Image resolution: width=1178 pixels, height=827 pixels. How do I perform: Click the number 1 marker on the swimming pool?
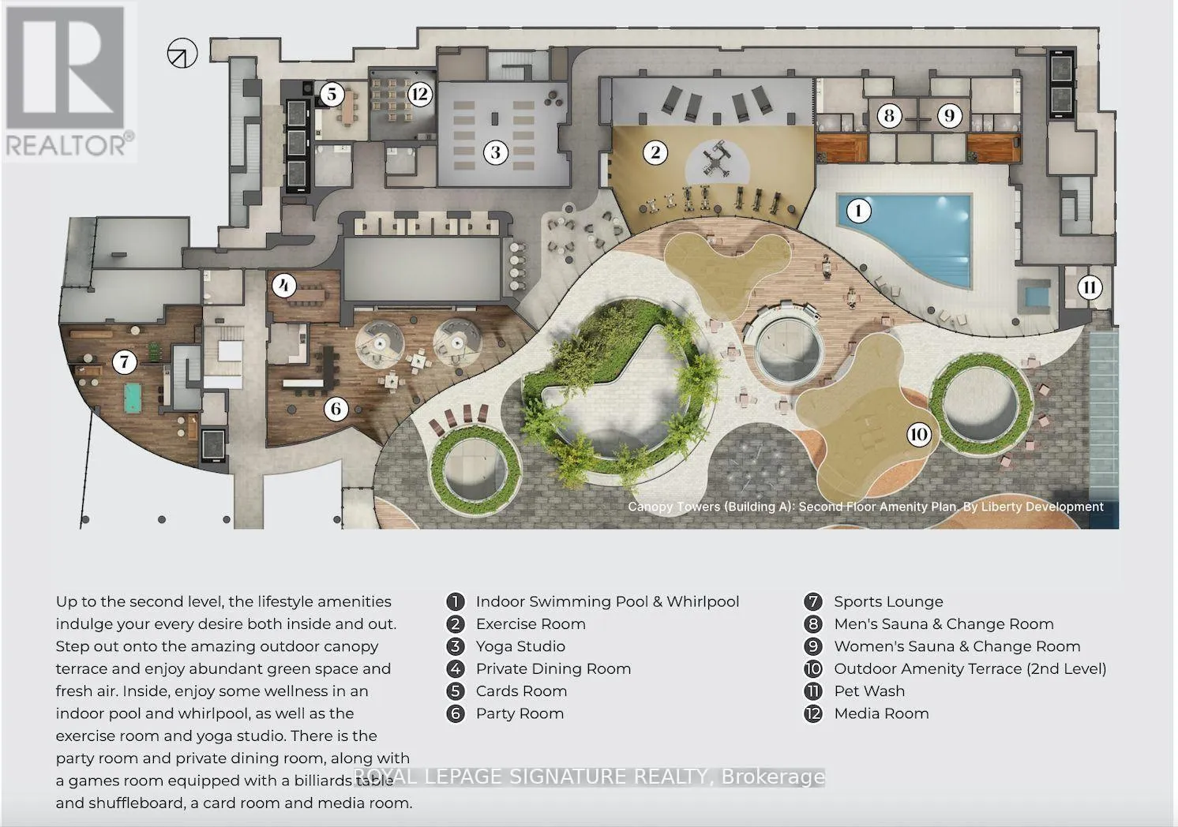858,211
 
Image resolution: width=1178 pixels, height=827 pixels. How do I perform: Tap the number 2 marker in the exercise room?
655,152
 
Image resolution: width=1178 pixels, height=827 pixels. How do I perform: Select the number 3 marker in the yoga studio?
495,152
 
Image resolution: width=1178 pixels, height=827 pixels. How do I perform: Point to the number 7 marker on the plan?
125,362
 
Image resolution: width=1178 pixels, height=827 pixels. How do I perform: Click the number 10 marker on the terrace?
919,435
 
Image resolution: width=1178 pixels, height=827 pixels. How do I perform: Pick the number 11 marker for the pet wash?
1090,287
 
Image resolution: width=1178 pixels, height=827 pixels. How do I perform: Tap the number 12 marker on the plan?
420,95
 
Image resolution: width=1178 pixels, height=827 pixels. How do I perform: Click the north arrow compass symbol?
182,53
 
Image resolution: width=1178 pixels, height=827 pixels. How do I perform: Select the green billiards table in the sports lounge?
137,398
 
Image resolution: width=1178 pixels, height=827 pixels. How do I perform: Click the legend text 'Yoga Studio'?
520,646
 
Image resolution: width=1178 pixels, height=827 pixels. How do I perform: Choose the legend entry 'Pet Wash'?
869,690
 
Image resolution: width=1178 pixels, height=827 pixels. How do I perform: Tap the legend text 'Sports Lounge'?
889,602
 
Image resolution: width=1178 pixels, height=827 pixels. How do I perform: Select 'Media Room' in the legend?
881,713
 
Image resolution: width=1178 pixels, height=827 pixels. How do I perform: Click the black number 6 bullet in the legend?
456,713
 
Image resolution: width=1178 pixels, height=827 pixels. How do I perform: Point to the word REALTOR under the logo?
66,146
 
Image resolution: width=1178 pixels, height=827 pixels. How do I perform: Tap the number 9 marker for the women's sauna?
949,116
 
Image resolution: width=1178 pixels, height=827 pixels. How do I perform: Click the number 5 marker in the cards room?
332,95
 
